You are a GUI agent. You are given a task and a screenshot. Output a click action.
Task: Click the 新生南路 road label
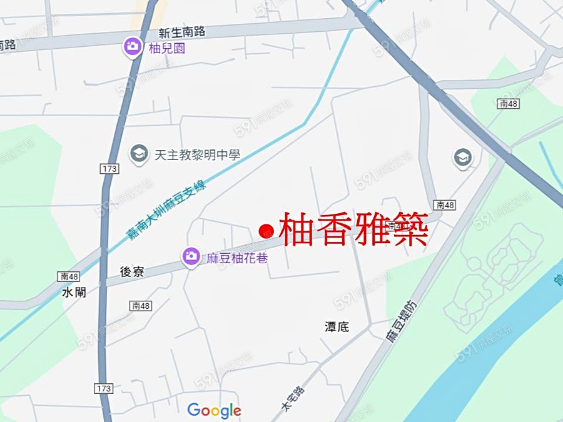click(182, 32)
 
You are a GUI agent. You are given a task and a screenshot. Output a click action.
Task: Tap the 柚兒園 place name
click(167, 48)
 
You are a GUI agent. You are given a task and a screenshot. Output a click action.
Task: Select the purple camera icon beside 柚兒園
click(133, 46)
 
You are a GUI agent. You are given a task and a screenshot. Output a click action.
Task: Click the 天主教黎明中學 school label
click(197, 154)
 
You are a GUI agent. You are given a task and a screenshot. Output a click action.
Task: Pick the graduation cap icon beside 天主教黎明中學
click(139, 153)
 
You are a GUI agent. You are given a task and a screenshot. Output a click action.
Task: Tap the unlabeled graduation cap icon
click(463, 157)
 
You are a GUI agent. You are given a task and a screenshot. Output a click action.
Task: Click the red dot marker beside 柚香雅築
click(266, 231)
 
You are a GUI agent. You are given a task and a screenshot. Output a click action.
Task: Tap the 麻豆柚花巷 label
click(237, 257)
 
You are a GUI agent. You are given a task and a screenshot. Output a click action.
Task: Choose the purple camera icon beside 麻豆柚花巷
click(191, 256)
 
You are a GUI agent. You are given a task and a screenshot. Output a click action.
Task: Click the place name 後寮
click(133, 271)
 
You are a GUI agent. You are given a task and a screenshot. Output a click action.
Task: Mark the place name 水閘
click(74, 292)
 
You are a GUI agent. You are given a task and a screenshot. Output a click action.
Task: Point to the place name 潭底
click(337, 326)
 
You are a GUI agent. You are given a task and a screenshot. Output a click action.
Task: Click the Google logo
click(214, 411)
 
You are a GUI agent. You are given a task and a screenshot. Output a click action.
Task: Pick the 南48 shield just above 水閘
click(69, 276)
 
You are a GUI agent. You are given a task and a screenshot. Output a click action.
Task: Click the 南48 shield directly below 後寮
click(141, 306)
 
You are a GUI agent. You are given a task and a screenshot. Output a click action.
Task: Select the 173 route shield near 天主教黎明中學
click(108, 169)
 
